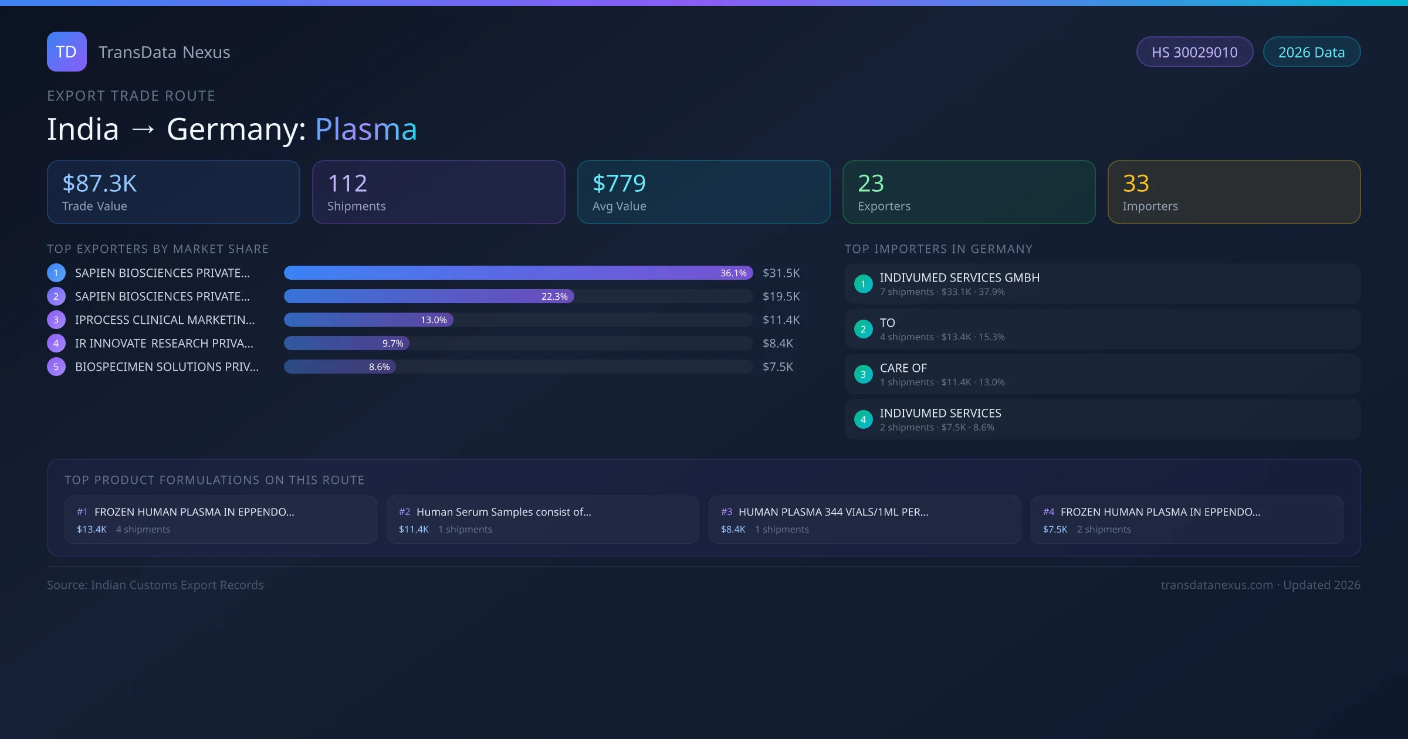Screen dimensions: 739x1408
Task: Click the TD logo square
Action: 66,52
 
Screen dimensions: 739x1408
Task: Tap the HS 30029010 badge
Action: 1194,52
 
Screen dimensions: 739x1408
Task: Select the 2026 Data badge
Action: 1311,52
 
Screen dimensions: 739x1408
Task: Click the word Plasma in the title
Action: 366,129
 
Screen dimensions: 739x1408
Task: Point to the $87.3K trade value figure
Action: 99,184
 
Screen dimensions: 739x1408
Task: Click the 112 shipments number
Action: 347,184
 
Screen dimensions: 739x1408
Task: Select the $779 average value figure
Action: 619,184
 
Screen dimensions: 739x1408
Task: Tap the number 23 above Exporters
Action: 871,184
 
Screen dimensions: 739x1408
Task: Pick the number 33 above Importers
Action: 1136,184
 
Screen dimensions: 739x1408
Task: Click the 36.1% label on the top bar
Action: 733,273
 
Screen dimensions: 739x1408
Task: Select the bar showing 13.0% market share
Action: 368,320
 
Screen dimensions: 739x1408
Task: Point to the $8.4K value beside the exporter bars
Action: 777,343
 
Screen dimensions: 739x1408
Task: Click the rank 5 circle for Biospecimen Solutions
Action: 56,367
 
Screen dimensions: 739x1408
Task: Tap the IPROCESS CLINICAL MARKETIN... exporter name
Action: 165,320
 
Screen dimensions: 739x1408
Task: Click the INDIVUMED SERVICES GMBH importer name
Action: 959,277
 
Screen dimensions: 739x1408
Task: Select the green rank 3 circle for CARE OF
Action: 863,374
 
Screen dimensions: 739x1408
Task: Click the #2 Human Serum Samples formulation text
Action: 503,512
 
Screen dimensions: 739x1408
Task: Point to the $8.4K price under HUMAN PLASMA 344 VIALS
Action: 733,529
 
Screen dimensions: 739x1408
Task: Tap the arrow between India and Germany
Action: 143,129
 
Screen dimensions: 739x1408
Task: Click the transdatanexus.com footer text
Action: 1217,585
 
